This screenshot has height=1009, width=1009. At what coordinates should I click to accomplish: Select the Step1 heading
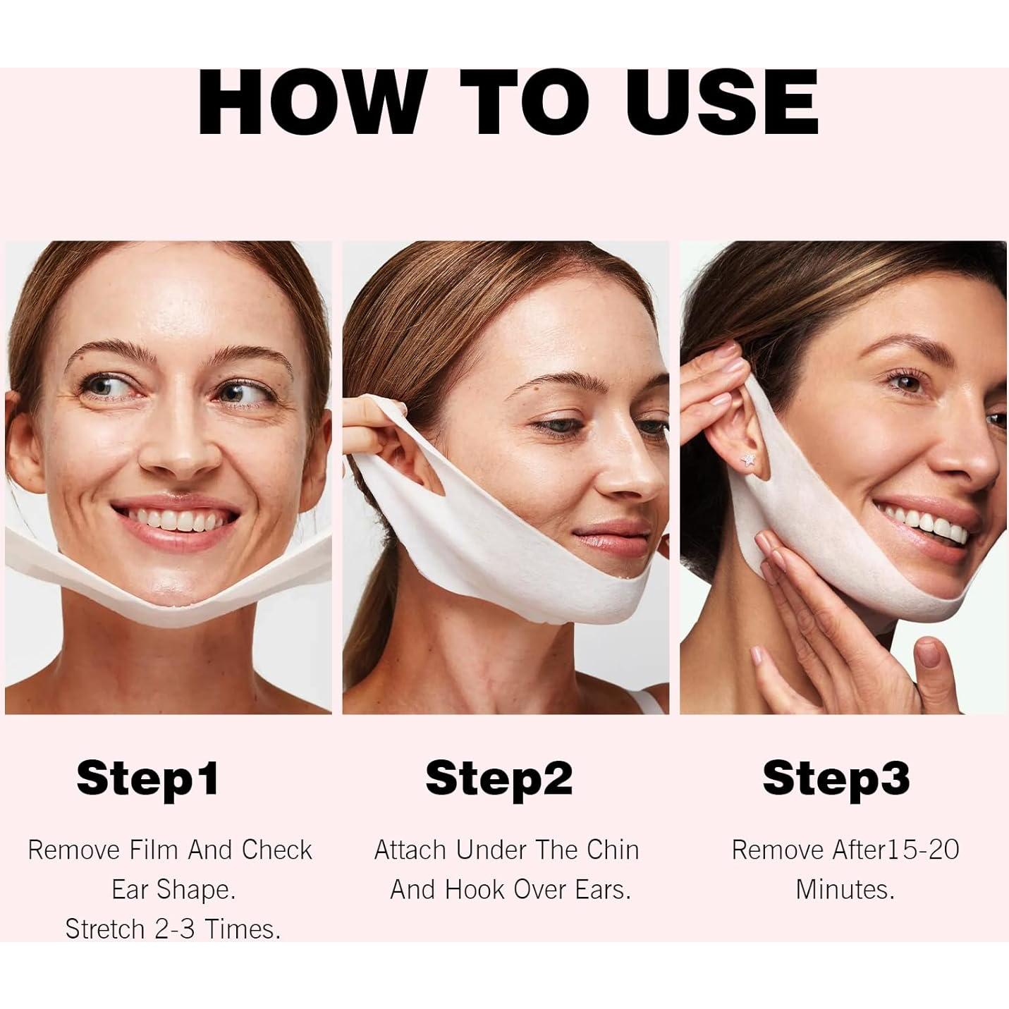[x=147, y=778]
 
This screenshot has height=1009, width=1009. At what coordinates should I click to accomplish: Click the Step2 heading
[x=499, y=778]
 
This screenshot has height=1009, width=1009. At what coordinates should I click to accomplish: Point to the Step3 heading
[x=836, y=778]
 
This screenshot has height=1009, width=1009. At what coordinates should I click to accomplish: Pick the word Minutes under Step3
[x=845, y=890]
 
